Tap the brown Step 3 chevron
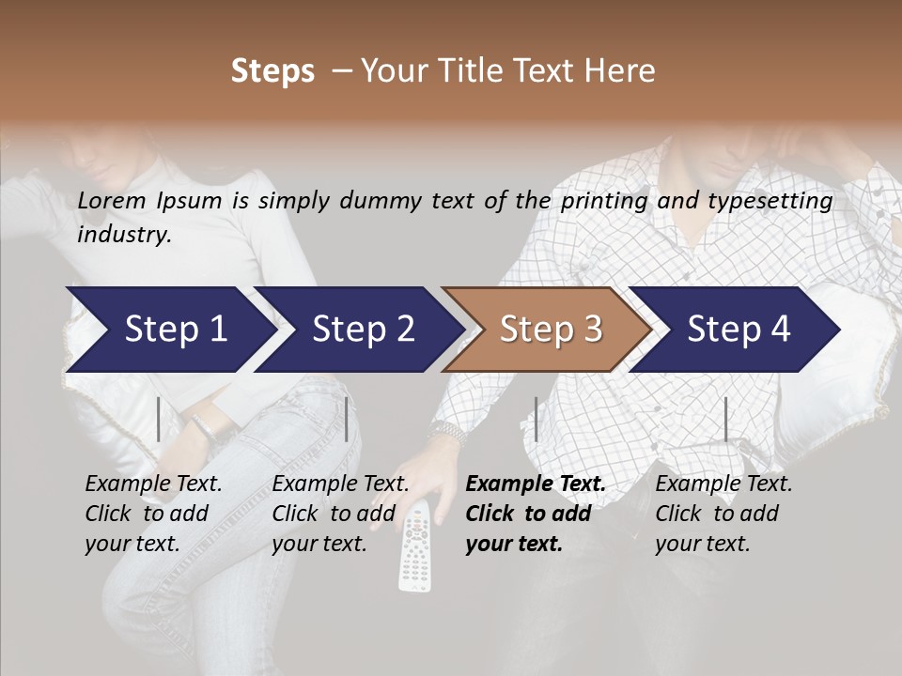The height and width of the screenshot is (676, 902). [x=551, y=330]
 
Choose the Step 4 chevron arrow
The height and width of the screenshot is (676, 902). [x=739, y=330]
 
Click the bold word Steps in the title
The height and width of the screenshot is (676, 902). [x=272, y=71]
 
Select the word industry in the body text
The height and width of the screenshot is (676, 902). [x=124, y=234]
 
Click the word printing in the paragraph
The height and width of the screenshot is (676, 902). [x=603, y=200]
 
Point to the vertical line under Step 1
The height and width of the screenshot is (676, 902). [x=159, y=419]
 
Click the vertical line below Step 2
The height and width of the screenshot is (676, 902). [x=347, y=419]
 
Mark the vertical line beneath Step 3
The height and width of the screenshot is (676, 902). [x=536, y=419]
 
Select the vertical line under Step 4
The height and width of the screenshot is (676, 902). [x=725, y=419]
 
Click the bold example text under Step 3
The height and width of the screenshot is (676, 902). [x=536, y=514]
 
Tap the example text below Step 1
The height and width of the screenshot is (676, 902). [x=153, y=514]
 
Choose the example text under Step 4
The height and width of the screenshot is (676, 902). [x=723, y=514]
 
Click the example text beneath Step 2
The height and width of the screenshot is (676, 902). [x=340, y=514]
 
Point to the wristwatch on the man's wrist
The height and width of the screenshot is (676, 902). [x=448, y=432]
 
